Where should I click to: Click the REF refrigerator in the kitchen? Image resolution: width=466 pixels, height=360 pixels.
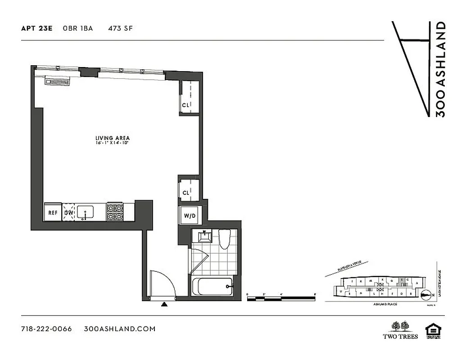click(x=53, y=213)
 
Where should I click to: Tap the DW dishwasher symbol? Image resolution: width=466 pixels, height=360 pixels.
click(x=69, y=213)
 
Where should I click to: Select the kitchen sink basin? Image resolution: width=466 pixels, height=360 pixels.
click(x=86, y=211)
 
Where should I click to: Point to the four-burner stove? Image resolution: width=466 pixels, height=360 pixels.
click(x=114, y=212)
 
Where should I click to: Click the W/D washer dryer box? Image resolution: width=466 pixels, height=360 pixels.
click(x=190, y=216)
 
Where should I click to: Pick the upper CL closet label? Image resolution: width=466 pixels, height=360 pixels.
click(x=185, y=105)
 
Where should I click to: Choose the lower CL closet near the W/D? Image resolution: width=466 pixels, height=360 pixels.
click(x=186, y=193)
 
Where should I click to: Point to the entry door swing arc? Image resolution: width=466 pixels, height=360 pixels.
click(x=162, y=283)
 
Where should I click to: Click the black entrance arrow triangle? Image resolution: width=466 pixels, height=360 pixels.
click(x=165, y=305)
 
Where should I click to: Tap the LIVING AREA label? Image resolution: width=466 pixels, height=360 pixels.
click(x=113, y=138)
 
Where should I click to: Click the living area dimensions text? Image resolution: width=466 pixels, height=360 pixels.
click(x=113, y=143)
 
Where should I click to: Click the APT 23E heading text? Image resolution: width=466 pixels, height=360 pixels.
click(x=37, y=28)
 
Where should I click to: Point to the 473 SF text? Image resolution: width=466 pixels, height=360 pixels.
click(x=120, y=28)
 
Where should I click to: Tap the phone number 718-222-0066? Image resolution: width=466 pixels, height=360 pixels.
click(x=46, y=329)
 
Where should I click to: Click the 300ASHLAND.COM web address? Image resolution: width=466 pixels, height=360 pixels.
click(x=120, y=329)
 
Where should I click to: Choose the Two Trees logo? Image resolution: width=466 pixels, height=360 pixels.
click(x=400, y=329)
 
